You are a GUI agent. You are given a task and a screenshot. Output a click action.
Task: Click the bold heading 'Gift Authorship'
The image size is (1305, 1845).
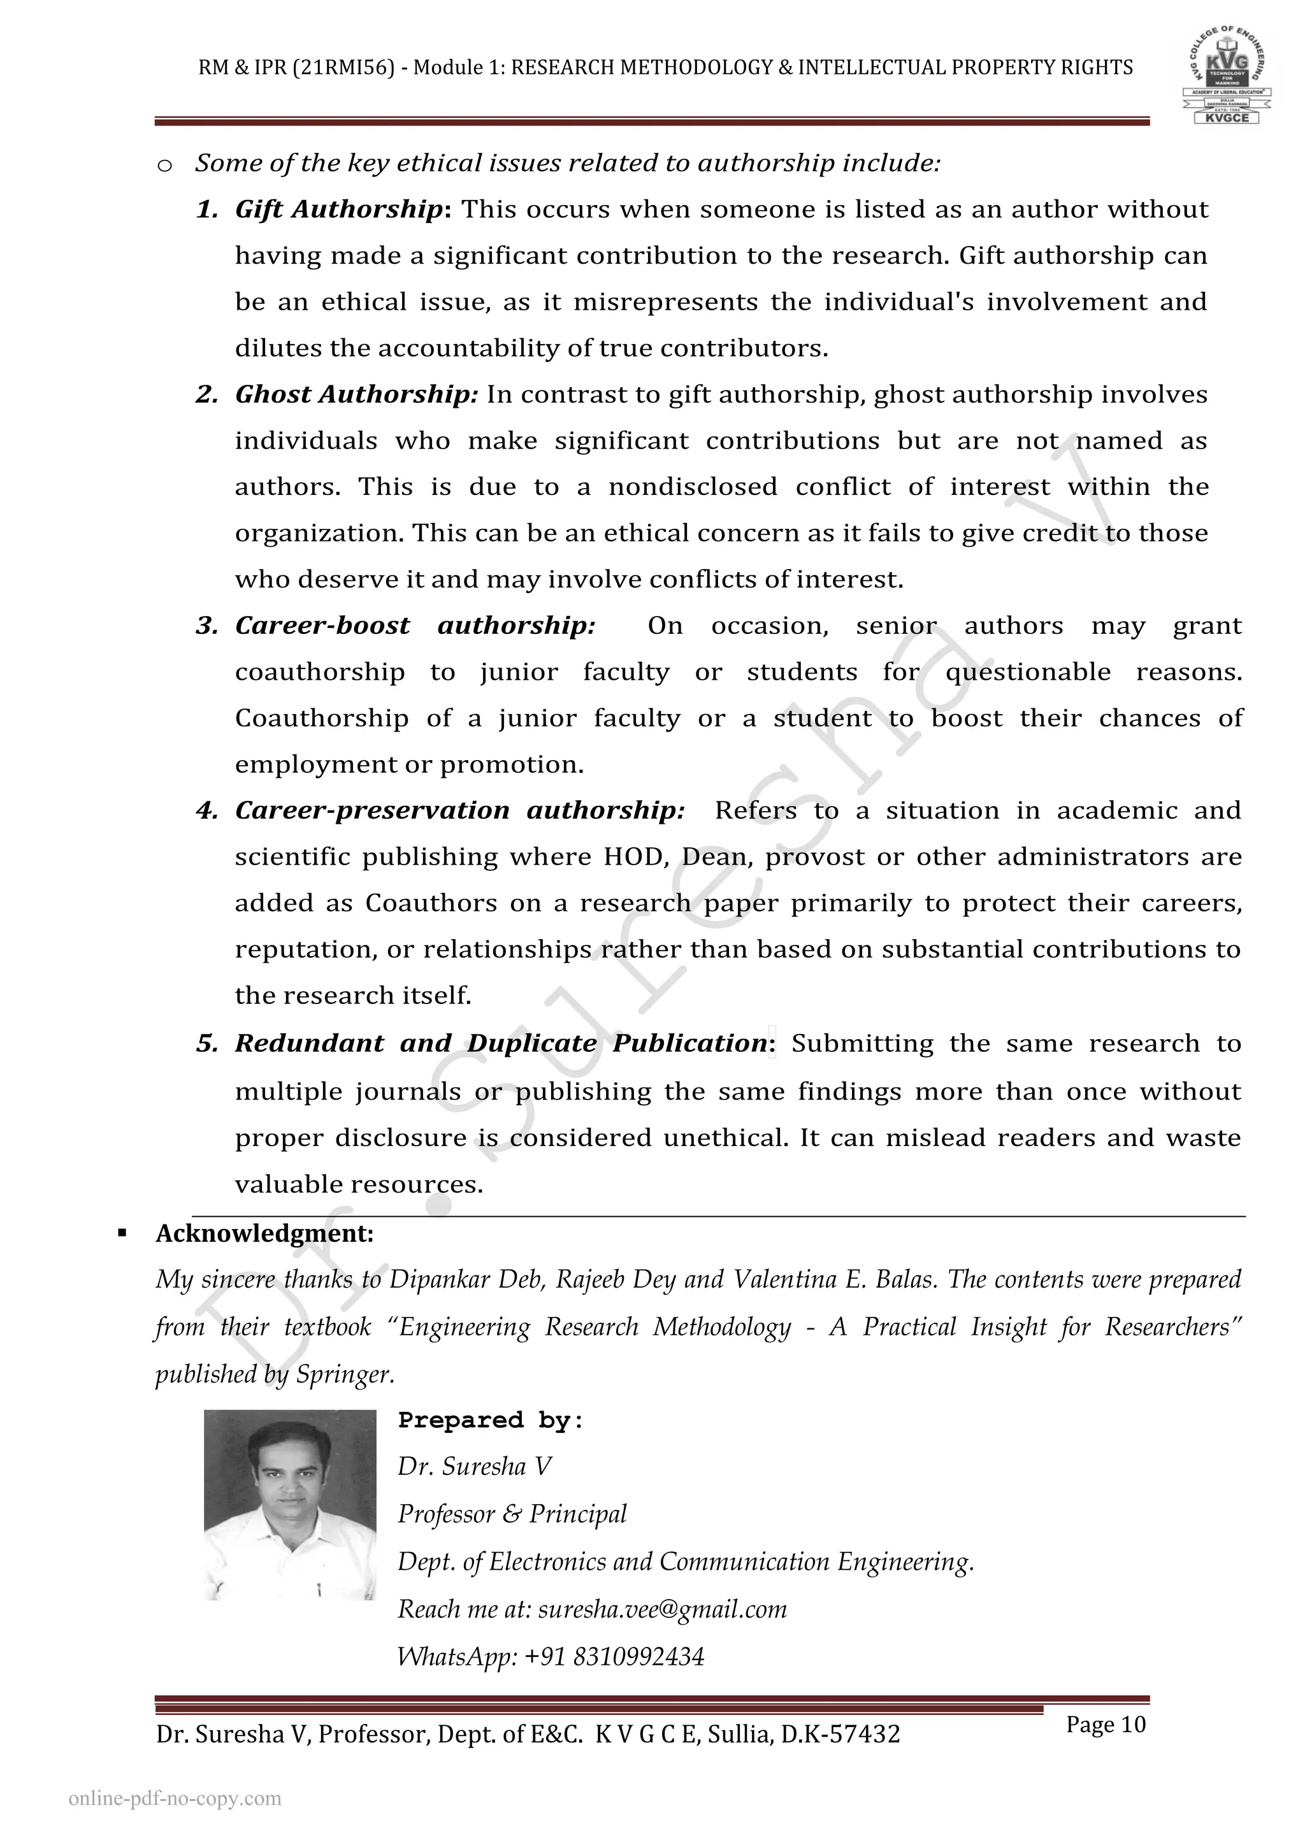coord(338,210)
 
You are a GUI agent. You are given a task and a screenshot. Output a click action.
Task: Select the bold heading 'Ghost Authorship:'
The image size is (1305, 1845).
coord(356,394)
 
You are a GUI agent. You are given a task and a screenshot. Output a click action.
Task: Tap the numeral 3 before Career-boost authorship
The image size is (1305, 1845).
coord(206,626)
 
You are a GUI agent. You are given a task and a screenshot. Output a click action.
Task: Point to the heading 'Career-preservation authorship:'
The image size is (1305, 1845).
coord(459,811)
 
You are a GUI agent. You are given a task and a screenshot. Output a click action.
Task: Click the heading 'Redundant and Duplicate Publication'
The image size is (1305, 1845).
coord(501,1043)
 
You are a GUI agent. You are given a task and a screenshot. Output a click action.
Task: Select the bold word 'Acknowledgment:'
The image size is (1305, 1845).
coord(264,1233)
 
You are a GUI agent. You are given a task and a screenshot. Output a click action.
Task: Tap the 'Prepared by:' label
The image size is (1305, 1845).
coord(490,1421)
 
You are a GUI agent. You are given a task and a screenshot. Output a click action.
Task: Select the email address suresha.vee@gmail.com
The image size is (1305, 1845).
coord(662,1609)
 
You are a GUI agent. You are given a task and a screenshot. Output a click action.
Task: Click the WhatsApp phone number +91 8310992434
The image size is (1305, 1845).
coord(615,1657)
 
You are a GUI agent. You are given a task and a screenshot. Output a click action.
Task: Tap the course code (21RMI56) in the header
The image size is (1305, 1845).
coord(344,68)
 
